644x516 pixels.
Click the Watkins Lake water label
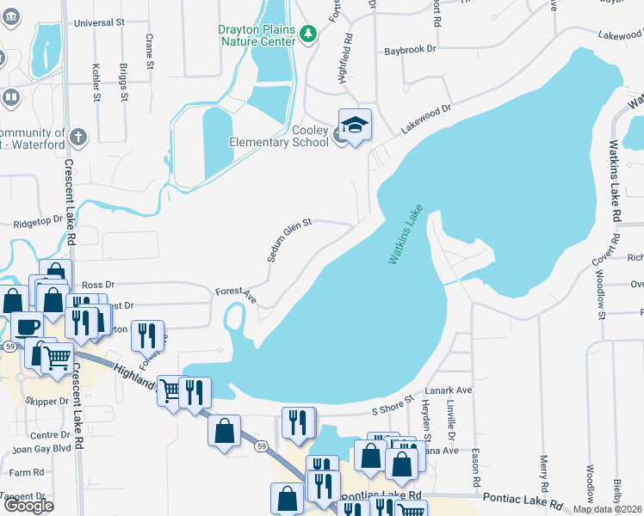pos(406,234)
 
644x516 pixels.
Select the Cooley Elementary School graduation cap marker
pos(355,126)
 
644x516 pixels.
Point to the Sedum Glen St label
pos(288,240)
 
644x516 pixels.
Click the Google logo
pos(28,505)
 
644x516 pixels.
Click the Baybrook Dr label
pos(406,51)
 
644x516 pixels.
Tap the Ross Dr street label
pos(97,284)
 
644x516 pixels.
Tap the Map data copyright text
pos(607,509)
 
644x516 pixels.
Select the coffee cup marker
pos(28,329)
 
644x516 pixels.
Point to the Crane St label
pos(150,52)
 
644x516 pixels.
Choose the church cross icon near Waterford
pos(77,136)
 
